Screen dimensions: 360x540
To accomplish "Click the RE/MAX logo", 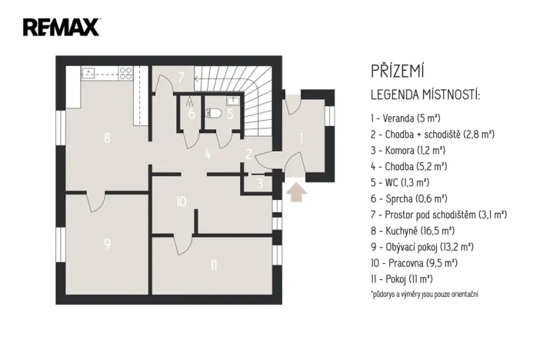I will pos(61,28).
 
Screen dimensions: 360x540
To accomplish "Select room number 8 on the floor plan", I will pos(107,138).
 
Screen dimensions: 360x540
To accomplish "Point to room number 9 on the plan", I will pos(107,244).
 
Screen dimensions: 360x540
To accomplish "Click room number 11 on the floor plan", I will pos(213,266).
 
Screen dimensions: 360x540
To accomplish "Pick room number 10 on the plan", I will pos(181,202).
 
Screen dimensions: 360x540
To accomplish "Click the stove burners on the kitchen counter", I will pos(125,74).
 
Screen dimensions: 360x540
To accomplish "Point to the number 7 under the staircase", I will pos(181,77).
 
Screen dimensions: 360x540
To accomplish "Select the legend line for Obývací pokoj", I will pos(422,246).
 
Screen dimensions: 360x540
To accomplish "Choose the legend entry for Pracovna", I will pos(413,262).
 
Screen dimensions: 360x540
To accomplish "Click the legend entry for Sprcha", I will pos(405,198).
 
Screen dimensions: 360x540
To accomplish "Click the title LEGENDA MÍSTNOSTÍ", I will pos(425,95).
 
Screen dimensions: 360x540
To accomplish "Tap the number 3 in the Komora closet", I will pos(260,182).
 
